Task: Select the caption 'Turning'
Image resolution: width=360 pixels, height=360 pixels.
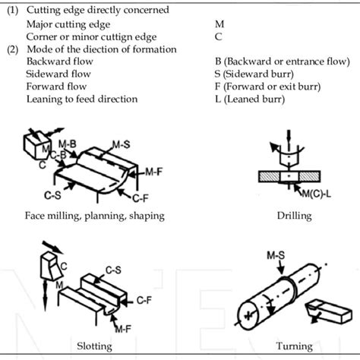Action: click(293, 346)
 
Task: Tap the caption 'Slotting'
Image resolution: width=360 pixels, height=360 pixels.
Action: click(95, 346)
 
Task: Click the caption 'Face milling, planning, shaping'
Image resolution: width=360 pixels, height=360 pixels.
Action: click(95, 216)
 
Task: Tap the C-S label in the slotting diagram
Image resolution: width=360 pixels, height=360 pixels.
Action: click(115, 269)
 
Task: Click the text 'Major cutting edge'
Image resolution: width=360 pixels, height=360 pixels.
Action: click(68, 24)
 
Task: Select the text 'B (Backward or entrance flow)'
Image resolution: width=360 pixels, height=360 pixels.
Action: click(276, 61)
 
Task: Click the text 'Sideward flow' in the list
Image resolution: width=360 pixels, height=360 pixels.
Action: click(58, 74)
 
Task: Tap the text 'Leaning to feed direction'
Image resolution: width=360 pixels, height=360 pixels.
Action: click(82, 99)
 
